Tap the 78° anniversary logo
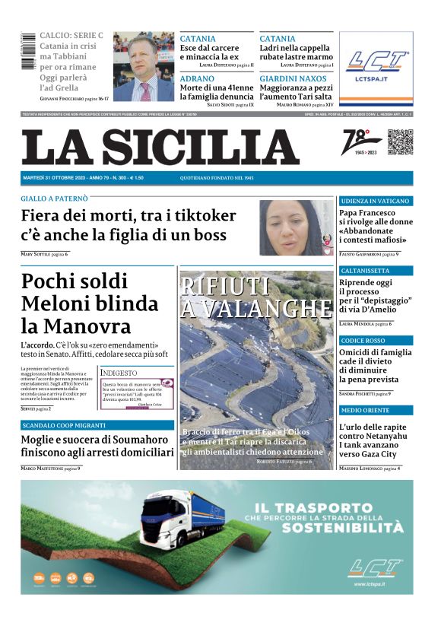coord(357,143)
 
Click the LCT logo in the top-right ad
coord(376,60)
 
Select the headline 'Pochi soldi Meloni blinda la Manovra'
coord(90,303)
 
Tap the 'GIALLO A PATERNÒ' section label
coord(54,199)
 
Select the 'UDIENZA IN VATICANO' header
coord(374,201)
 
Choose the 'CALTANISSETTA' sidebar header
coord(366,271)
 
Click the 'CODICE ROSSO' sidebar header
coord(363,341)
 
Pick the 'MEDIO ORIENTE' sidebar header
coord(366,411)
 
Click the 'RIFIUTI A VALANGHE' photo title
coord(256,297)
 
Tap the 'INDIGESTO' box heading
coord(119,373)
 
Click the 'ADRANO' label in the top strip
coord(197,78)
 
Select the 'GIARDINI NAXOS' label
coord(293,78)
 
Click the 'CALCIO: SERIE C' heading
coord(71,36)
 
